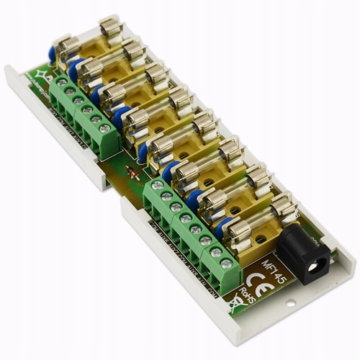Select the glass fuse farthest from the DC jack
(x=90, y=42)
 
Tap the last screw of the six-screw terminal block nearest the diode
(x=106, y=128)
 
